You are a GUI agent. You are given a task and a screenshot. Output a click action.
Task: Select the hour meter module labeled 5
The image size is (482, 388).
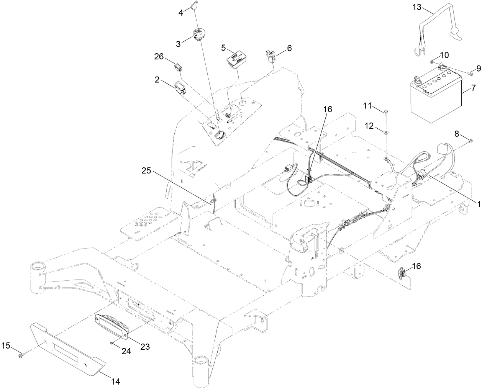click(x=236, y=60)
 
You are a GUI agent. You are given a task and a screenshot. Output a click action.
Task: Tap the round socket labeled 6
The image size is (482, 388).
click(x=270, y=56)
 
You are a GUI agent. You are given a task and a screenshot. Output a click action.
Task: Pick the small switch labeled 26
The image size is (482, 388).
click(x=179, y=67)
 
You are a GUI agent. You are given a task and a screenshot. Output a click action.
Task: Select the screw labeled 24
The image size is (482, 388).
click(x=111, y=342)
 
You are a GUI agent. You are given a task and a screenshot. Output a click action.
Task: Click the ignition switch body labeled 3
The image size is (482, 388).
click(x=200, y=35)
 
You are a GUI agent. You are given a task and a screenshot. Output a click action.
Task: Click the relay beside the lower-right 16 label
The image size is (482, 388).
click(x=402, y=274)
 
